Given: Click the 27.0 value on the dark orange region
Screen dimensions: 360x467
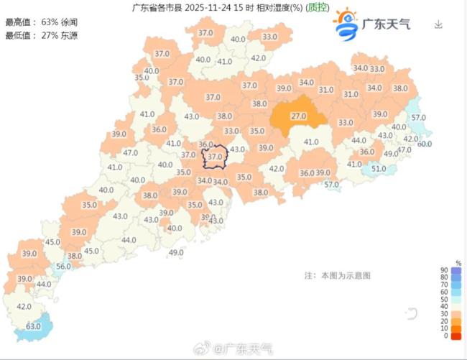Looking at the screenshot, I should click(x=299, y=116).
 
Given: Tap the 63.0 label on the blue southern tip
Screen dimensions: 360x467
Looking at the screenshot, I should click(x=34, y=326).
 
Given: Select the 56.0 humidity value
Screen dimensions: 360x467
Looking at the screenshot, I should click(x=63, y=267).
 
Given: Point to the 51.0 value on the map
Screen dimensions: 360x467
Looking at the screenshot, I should click(x=378, y=169).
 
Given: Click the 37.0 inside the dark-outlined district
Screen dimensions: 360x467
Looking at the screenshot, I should click(x=215, y=156).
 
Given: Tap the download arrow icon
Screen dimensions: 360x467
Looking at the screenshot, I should click(x=438, y=24).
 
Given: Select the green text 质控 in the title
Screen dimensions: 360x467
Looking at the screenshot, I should click(x=318, y=8).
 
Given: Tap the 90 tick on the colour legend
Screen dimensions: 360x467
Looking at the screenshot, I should click(x=444, y=270).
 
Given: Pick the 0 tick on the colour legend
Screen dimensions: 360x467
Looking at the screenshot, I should click(x=445, y=336).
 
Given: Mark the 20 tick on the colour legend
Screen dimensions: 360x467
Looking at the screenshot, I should click(x=444, y=321).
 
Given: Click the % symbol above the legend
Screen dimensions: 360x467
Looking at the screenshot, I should click(x=457, y=263).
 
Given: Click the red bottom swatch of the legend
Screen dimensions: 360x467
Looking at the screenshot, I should click(x=457, y=336).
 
